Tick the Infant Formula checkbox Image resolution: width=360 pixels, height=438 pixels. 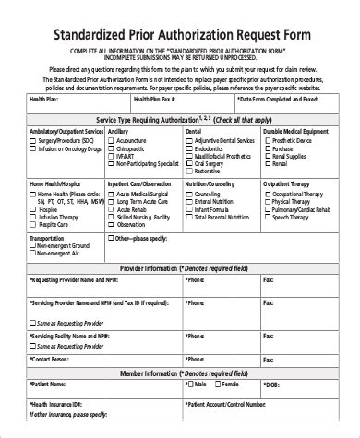pos(190,209)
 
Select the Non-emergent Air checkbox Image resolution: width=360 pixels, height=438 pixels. pos(32,256)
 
